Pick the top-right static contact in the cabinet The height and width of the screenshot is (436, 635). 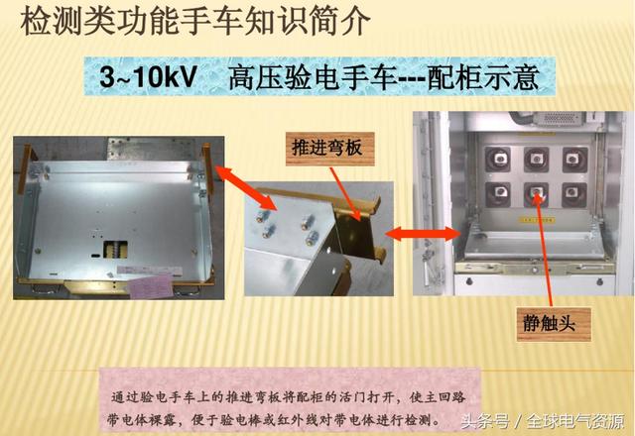[x=572, y=158]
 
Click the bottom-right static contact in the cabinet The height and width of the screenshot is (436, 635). [x=572, y=193]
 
